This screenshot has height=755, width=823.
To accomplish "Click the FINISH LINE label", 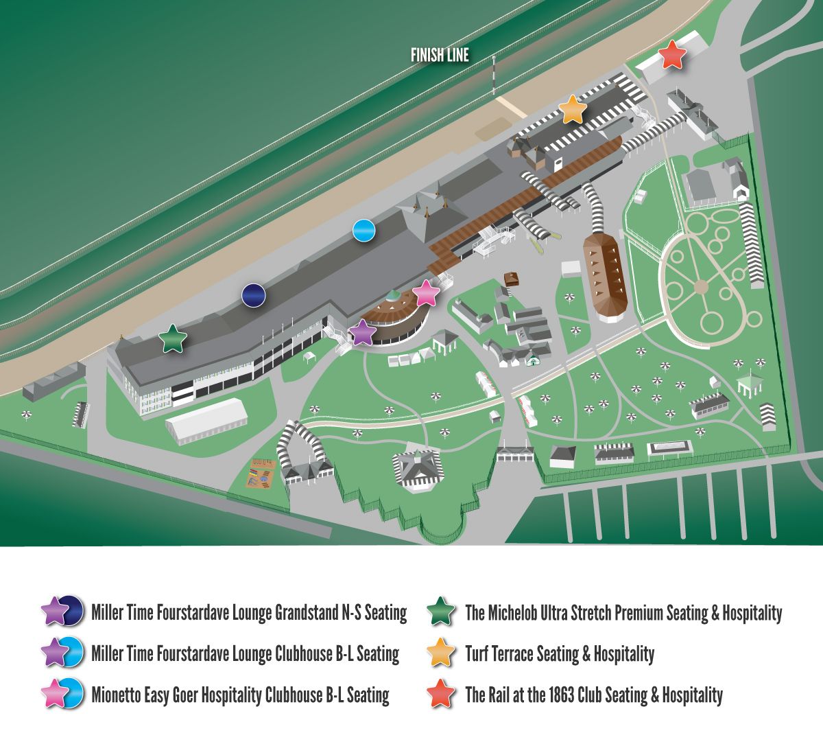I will [440, 56].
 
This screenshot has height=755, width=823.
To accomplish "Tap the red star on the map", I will [672, 55].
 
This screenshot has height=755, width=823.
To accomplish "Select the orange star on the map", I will [572, 110].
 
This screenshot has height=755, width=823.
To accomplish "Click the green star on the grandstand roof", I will [173, 339].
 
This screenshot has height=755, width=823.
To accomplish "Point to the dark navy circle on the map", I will [254, 295].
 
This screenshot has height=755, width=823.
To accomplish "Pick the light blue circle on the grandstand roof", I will [363, 231].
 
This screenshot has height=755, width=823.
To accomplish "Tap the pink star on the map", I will [426, 293].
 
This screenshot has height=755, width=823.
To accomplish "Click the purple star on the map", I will [362, 333].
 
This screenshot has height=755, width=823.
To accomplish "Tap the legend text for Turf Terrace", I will [559, 654].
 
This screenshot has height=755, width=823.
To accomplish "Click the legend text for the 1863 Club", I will [593, 695].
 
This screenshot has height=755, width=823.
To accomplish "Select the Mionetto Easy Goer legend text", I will [240, 695].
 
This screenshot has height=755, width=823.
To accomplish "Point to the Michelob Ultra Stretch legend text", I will [623, 612].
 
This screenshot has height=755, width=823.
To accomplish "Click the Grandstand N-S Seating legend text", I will [249, 612].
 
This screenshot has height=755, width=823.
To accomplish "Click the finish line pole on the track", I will [492, 75].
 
